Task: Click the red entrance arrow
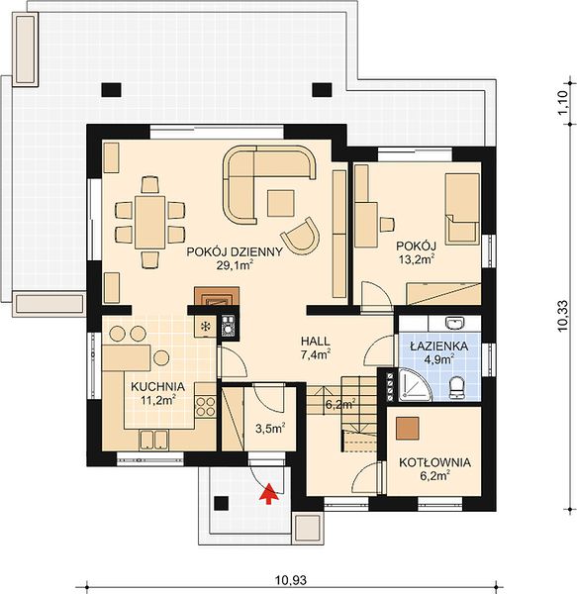[269, 494]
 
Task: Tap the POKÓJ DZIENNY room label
[235, 251]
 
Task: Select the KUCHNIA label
[158, 387]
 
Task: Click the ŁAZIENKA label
[439, 346]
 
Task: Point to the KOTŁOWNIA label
[435, 462]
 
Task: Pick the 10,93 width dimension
[291, 580]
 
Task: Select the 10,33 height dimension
[563, 316]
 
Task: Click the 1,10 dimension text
[563, 102]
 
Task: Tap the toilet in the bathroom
[456, 387]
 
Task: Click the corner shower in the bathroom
[414, 385]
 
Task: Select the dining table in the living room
[149, 222]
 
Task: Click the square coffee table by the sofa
[281, 203]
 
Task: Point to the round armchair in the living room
[301, 236]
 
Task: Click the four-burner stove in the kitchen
[206, 406]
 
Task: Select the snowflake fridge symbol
[206, 326]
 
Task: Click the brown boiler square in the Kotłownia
[408, 429]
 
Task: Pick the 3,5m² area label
[270, 429]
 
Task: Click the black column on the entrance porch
[222, 503]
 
